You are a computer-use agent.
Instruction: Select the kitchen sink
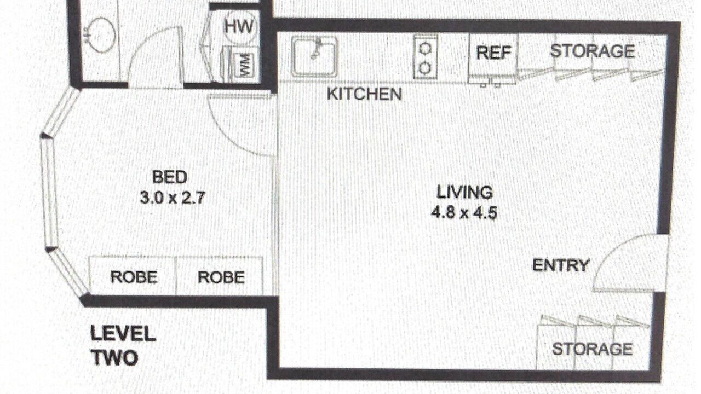point(314,56)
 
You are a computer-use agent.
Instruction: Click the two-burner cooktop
point(425,57)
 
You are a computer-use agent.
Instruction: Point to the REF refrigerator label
point(493,53)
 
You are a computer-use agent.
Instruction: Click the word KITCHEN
point(364,94)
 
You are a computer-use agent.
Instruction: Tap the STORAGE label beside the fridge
point(593,51)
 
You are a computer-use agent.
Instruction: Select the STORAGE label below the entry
point(593,349)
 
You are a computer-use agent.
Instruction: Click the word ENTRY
point(561,265)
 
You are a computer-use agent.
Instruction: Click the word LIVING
point(464,192)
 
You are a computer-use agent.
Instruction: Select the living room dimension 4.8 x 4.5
point(464,213)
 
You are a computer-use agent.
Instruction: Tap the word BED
point(170,177)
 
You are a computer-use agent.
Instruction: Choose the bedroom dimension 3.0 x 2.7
point(173,198)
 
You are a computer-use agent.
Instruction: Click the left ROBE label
point(134,277)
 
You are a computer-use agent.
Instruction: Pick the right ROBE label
point(221,277)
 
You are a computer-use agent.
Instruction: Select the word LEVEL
point(123,334)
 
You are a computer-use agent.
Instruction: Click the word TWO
point(114,358)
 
